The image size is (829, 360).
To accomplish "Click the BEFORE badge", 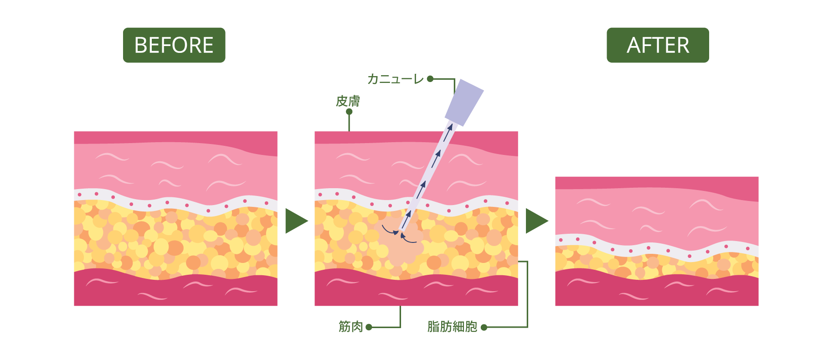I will (174, 45).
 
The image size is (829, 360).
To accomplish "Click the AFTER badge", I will (658, 45).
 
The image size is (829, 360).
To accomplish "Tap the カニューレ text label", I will (395, 79).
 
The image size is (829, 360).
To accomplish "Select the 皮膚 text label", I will (348, 101).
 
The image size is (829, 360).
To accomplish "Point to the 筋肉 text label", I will (350, 326).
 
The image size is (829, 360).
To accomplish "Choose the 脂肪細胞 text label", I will (452, 326).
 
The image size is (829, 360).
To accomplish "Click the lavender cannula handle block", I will (464, 103).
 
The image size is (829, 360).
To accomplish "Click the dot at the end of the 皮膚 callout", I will (349, 112).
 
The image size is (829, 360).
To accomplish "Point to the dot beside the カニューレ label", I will (430, 79).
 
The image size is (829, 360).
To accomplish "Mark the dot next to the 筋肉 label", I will (369, 327).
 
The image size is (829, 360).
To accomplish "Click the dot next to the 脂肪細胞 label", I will (484, 327).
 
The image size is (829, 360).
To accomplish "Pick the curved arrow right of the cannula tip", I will (409, 239).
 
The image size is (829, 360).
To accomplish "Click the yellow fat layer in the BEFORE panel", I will (175, 242).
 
